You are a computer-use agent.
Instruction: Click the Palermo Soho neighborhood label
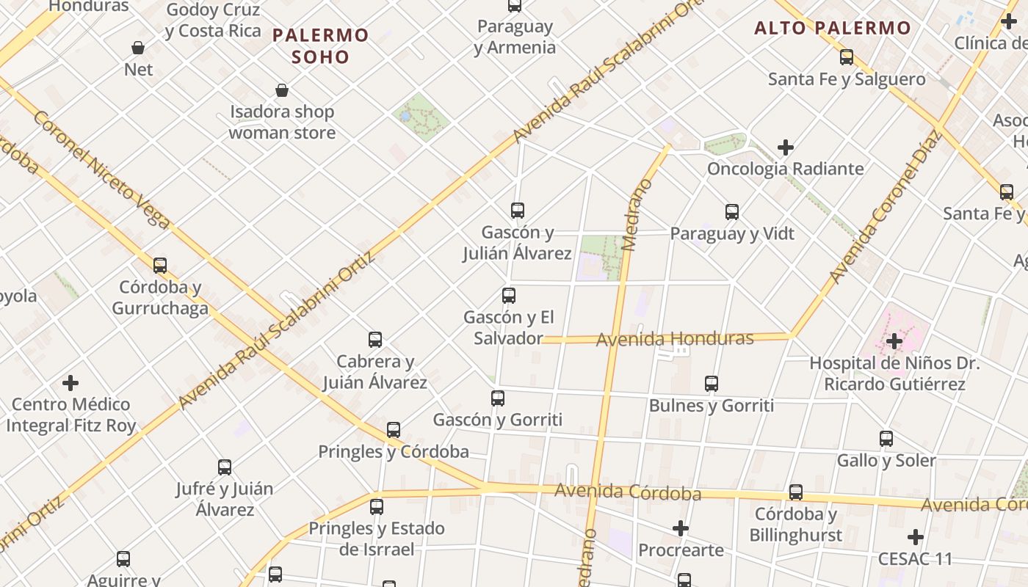click(x=320, y=45)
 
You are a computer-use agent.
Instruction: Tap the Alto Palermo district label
click(x=833, y=29)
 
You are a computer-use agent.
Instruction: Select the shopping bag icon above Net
click(x=138, y=48)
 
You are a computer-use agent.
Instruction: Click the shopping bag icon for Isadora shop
click(x=282, y=90)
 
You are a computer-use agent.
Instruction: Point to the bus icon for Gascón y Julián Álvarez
click(x=518, y=211)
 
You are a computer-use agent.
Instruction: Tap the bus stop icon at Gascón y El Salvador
click(x=509, y=296)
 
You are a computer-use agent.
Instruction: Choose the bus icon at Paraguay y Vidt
click(x=732, y=212)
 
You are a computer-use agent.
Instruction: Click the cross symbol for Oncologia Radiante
click(x=786, y=147)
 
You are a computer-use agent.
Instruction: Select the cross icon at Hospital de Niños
click(x=894, y=340)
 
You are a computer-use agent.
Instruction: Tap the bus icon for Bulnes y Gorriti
click(x=712, y=384)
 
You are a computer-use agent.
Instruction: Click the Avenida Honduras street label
click(x=675, y=339)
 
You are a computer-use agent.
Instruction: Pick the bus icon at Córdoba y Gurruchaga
click(x=160, y=266)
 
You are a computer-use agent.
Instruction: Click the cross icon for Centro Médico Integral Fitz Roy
click(x=70, y=383)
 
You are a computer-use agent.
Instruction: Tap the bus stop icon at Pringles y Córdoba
click(x=394, y=430)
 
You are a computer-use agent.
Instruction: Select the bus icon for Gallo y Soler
click(x=886, y=440)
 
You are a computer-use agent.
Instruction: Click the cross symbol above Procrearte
click(x=681, y=528)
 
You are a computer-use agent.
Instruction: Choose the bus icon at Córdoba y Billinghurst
click(x=796, y=492)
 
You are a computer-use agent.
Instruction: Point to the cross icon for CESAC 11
click(x=916, y=537)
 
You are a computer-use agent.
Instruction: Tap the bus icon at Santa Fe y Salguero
click(x=847, y=57)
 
